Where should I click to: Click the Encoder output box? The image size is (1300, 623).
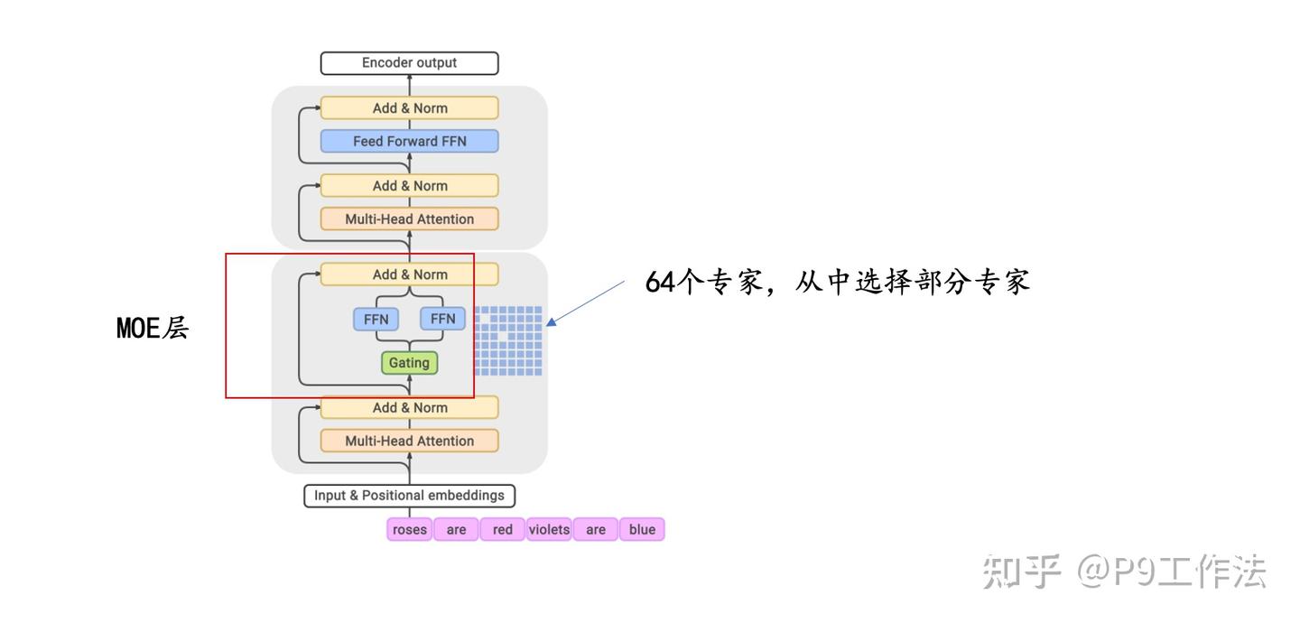(x=409, y=62)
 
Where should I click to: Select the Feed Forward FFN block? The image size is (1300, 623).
(x=409, y=141)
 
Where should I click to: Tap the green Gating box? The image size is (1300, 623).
(x=409, y=363)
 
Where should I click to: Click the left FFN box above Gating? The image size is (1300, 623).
(x=376, y=319)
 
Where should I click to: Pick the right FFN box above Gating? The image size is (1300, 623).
(x=442, y=319)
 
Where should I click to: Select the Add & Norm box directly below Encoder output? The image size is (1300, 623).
(x=409, y=108)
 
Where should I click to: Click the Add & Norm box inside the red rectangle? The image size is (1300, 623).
(x=409, y=274)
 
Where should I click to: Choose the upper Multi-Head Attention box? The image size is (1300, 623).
(x=409, y=219)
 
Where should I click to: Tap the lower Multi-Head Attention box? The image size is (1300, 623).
(x=409, y=441)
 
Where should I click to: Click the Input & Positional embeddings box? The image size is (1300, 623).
(x=409, y=496)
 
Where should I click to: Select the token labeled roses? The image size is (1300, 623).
(x=409, y=529)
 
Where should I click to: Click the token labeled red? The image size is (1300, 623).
(x=503, y=529)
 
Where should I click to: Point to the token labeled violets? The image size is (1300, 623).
(x=549, y=529)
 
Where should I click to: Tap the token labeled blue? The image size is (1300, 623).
(x=642, y=529)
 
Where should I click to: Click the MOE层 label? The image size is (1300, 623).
(x=153, y=328)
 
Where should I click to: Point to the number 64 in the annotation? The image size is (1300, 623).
(x=661, y=283)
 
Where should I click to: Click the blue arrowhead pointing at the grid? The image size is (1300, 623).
(x=552, y=321)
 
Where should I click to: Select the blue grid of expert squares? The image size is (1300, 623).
(x=508, y=340)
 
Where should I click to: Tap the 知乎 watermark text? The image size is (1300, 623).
(x=1021, y=572)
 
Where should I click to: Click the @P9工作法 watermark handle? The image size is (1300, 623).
(x=1171, y=572)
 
